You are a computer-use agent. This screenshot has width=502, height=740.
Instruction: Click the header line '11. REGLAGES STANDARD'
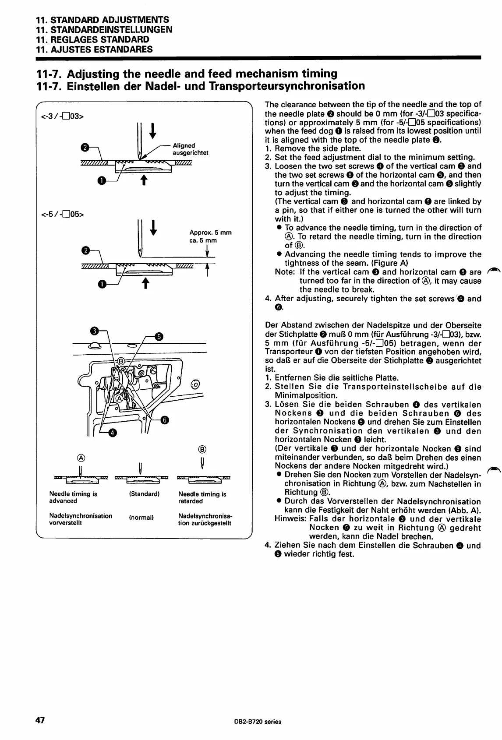coord(92,39)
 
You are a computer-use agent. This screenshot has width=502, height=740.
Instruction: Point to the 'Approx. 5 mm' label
coord(210,233)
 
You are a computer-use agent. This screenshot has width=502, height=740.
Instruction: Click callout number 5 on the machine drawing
coord(159,336)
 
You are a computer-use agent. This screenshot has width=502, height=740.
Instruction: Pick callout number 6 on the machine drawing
coord(165,419)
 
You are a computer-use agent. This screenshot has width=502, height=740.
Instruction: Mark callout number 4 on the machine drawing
coord(112,433)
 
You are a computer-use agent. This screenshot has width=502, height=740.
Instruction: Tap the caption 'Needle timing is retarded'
coord(202,497)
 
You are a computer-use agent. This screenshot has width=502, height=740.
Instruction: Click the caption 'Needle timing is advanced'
coord(73,497)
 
